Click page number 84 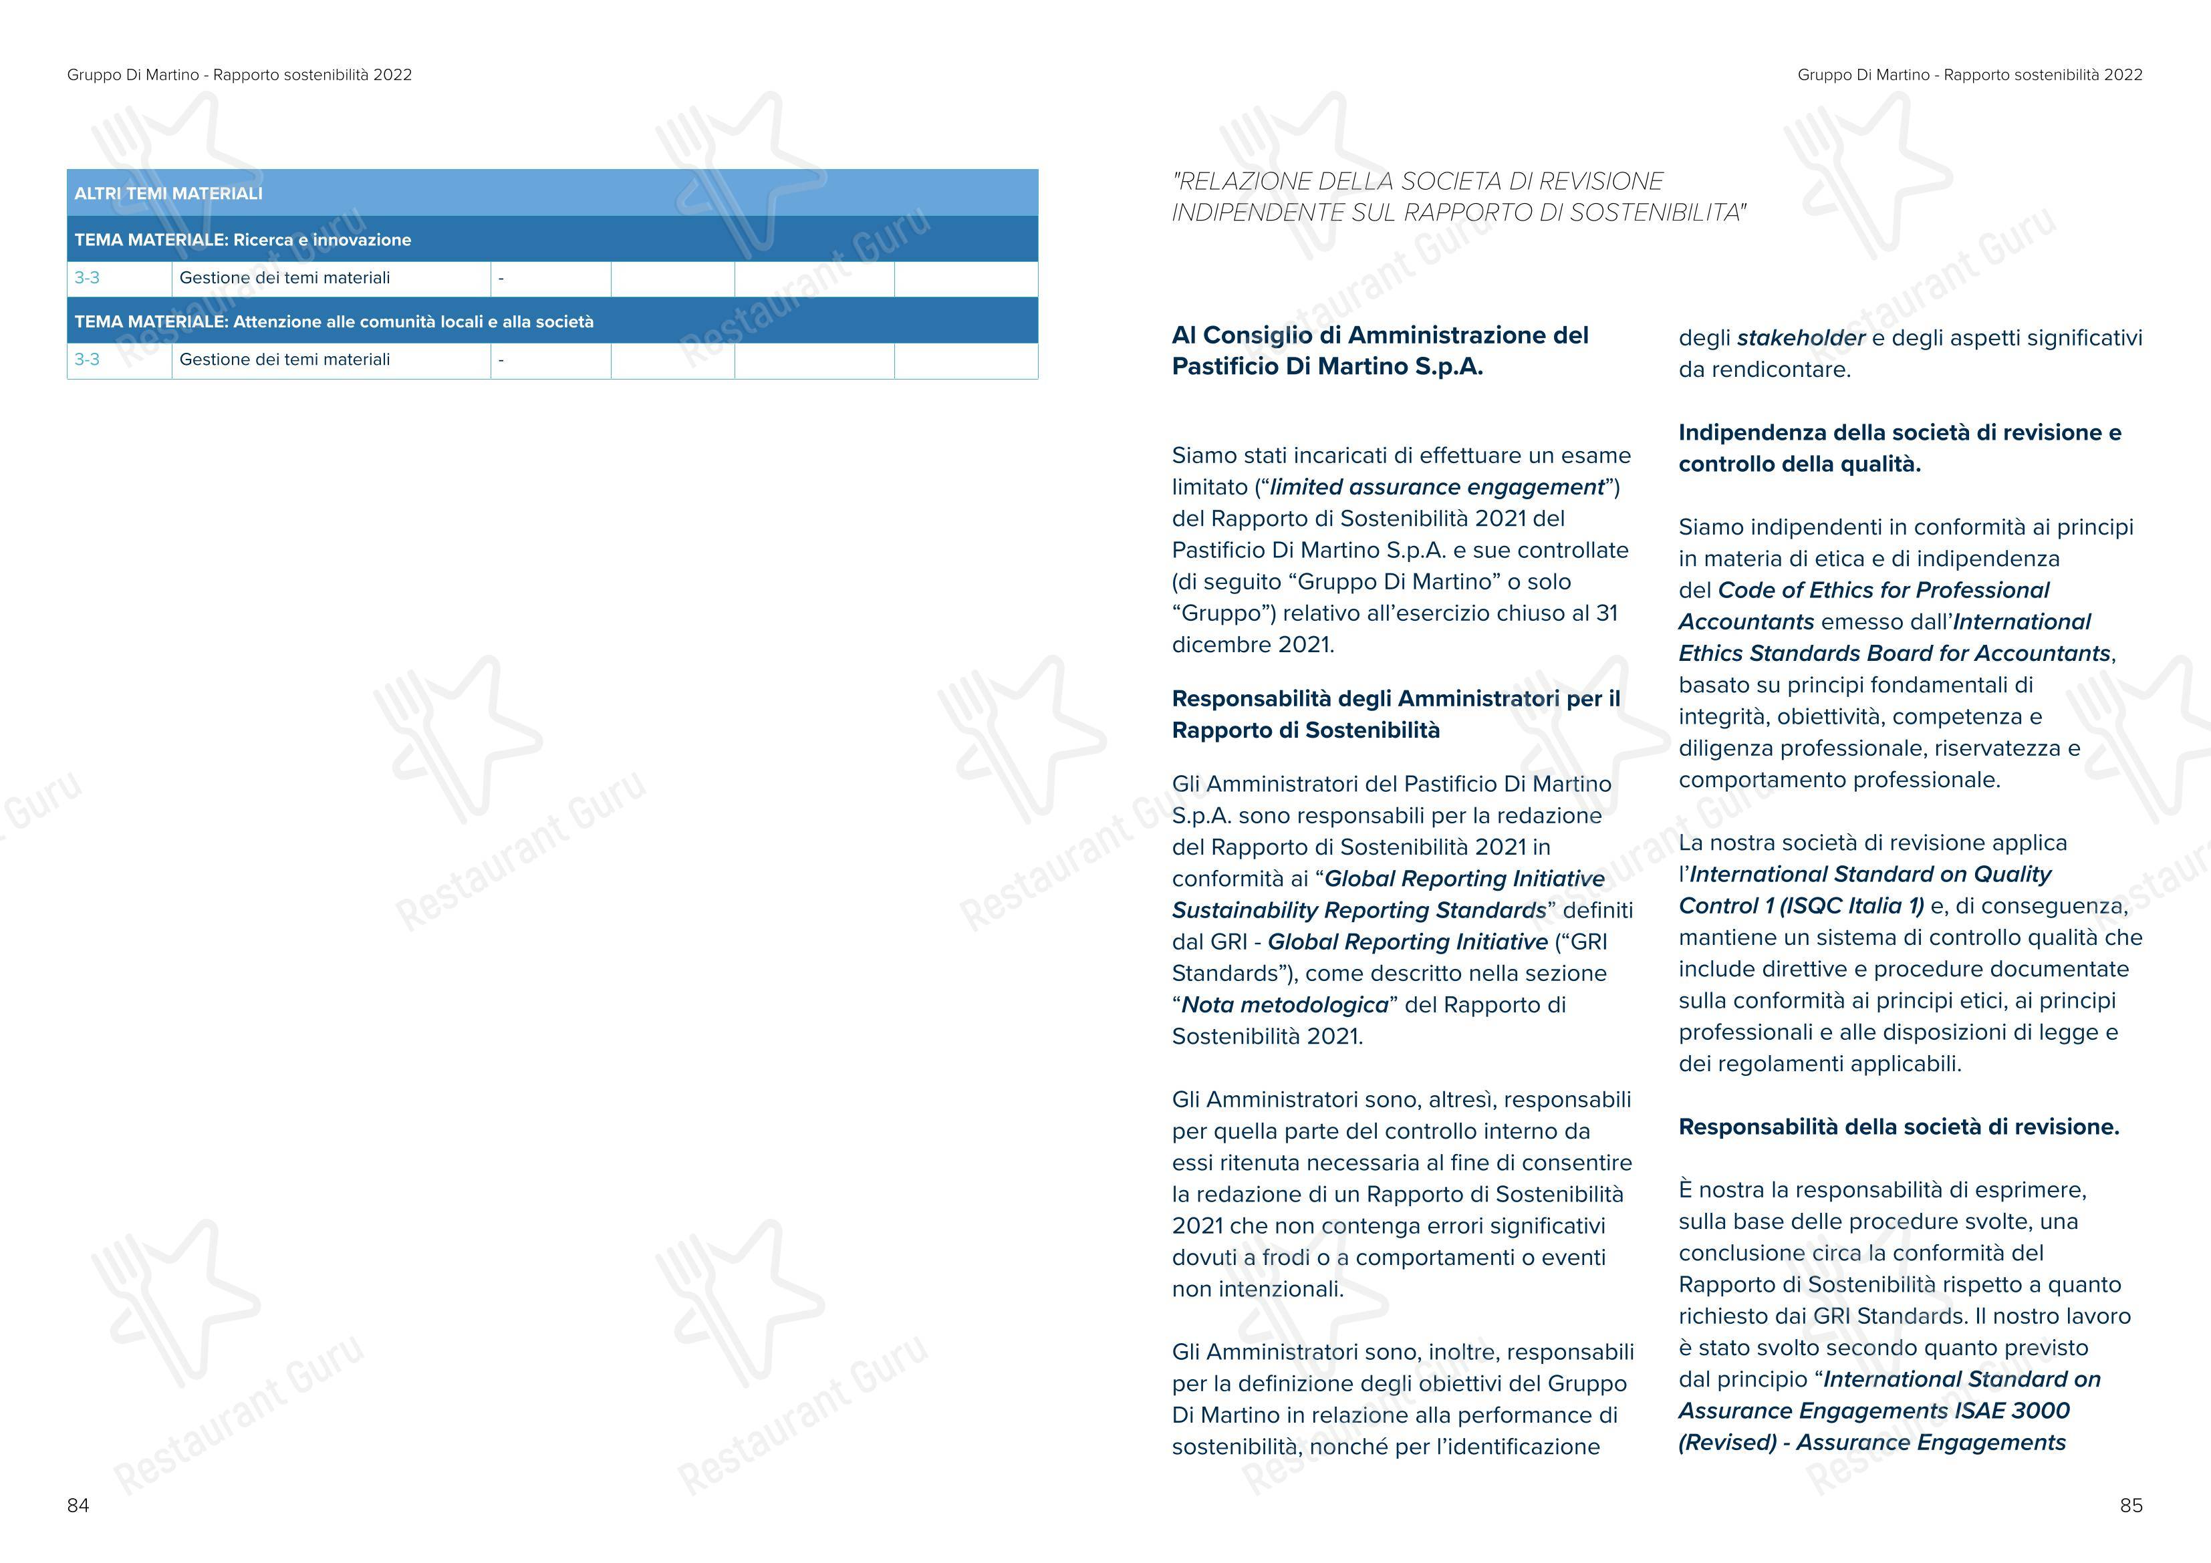coord(78,1506)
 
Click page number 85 coord(2131,1506)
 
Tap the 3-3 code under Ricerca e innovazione coord(87,278)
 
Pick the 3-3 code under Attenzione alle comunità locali coord(87,360)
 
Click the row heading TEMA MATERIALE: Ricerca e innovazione coord(243,240)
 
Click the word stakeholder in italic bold coord(1801,338)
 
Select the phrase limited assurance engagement coord(1437,487)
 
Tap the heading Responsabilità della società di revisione coord(1898,1127)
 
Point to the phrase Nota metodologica coord(1285,1006)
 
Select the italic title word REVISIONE coord(1601,182)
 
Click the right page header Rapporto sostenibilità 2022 coord(2043,75)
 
